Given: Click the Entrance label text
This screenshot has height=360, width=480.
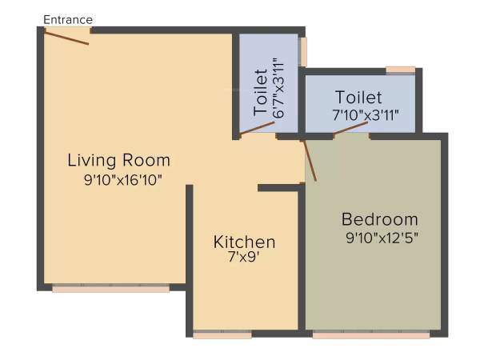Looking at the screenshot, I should (x=68, y=19).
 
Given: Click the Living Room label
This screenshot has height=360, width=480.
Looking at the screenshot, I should (x=118, y=159).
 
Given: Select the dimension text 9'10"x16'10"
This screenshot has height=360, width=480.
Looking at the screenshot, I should (x=123, y=180).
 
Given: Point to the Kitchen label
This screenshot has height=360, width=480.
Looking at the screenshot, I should (x=244, y=242).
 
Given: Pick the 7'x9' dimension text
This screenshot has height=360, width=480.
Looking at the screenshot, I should (x=244, y=258).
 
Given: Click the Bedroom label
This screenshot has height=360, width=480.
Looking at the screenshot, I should (x=380, y=219).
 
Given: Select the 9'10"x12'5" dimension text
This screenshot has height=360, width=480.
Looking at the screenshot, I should (x=382, y=237).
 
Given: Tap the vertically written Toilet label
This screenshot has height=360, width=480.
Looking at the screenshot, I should (x=261, y=94).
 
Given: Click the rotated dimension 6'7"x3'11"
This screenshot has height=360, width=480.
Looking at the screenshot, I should (x=278, y=88).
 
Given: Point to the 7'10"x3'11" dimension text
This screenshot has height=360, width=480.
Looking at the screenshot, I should (x=365, y=115).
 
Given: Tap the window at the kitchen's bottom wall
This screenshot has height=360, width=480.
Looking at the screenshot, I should (x=222, y=334).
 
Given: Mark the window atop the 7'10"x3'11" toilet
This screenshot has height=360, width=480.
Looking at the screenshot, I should (x=400, y=70).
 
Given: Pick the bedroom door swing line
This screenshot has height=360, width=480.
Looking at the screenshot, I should (x=310, y=159).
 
